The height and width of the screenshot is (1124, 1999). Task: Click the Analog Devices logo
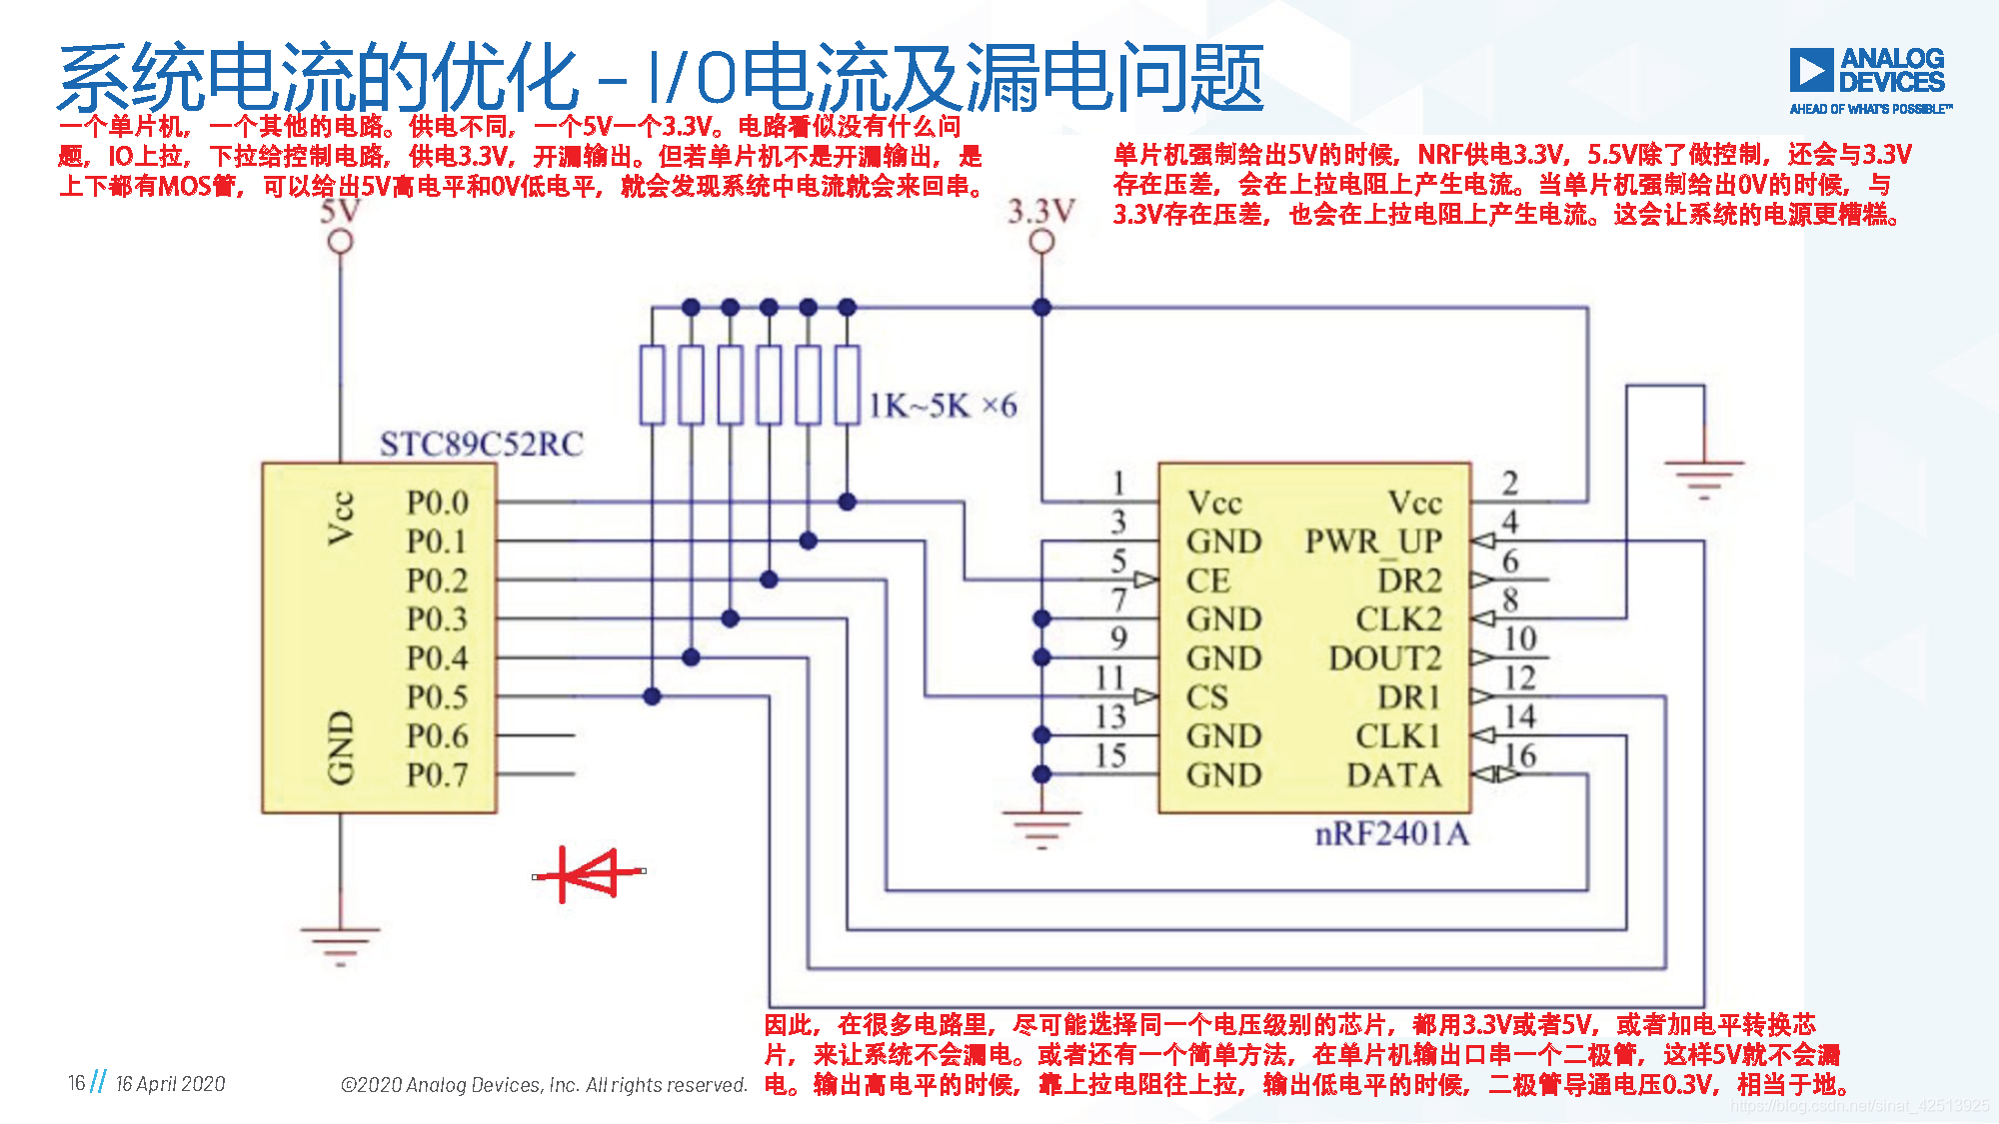coord(1869,80)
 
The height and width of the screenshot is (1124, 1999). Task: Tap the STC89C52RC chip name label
coord(481,444)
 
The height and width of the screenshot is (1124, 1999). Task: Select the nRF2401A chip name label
coord(1391,833)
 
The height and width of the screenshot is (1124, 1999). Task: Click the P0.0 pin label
coord(437,503)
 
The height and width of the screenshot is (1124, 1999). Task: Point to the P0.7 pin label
coord(437,774)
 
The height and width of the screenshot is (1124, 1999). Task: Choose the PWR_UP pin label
coord(1373,542)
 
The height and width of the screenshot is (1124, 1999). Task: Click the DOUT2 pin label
coord(1384,658)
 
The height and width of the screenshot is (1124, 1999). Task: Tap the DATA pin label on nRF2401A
coord(1393,775)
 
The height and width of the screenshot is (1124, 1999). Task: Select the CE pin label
coord(1207,580)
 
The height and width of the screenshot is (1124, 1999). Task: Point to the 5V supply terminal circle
coord(341,242)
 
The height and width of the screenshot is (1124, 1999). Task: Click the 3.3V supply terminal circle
coord(1041,242)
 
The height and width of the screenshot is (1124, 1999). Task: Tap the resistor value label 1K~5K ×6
coord(942,406)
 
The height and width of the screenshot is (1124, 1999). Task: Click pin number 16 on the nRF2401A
coord(1520,755)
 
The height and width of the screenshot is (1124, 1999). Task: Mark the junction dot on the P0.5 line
coord(652,696)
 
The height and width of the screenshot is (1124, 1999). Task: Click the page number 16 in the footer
coord(76,1083)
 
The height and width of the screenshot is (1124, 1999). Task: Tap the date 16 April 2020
coord(170,1083)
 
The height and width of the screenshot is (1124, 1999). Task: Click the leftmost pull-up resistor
coord(652,385)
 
